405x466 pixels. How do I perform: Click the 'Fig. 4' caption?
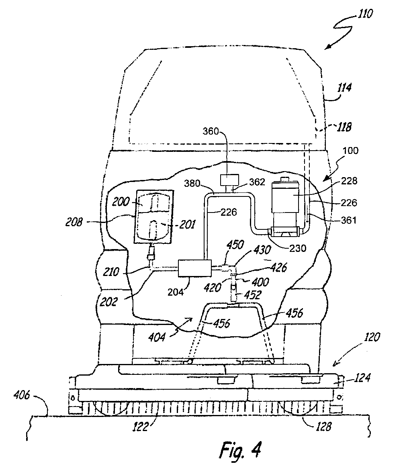pyautogui.click(x=240, y=450)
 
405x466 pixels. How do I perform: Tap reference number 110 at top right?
pyautogui.click(x=365, y=14)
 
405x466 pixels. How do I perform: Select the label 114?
pyautogui.click(x=344, y=88)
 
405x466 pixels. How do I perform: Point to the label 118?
pyautogui.click(x=344, y=127)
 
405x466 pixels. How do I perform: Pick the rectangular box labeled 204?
pyautogui.click(x=194, y=268)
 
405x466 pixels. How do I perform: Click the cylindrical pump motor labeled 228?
pyautogui.click(x=285, y=202)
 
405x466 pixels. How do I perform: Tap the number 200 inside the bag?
pyautogui.click(x=121, y=202)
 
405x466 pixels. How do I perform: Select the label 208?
pyautogui.click(x=74, y=222)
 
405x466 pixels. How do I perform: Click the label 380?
pyautogui.click(x=192, y=183)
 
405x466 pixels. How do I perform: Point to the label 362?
pyautogui.click(x=257, y=182)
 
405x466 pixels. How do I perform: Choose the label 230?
pyautogui.click(x=298, y=248)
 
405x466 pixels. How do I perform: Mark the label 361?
pyautogui.click(x=348, y=220)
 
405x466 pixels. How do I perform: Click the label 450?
pyautogui.click(x=235, y=245)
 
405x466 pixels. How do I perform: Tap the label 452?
pyautogui.click(x=253, y=295)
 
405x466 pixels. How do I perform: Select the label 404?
pyautogui.click(x=157, y=337)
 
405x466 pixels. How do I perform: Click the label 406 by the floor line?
pyautogui.click(x=22, y=395)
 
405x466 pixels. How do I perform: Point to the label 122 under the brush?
pyautogui.click(x=140, y=427)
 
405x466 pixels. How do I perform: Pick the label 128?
pyautogui.click(x=323, y=427)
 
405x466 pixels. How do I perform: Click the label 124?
pyautogui.click(x=362, y=378)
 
